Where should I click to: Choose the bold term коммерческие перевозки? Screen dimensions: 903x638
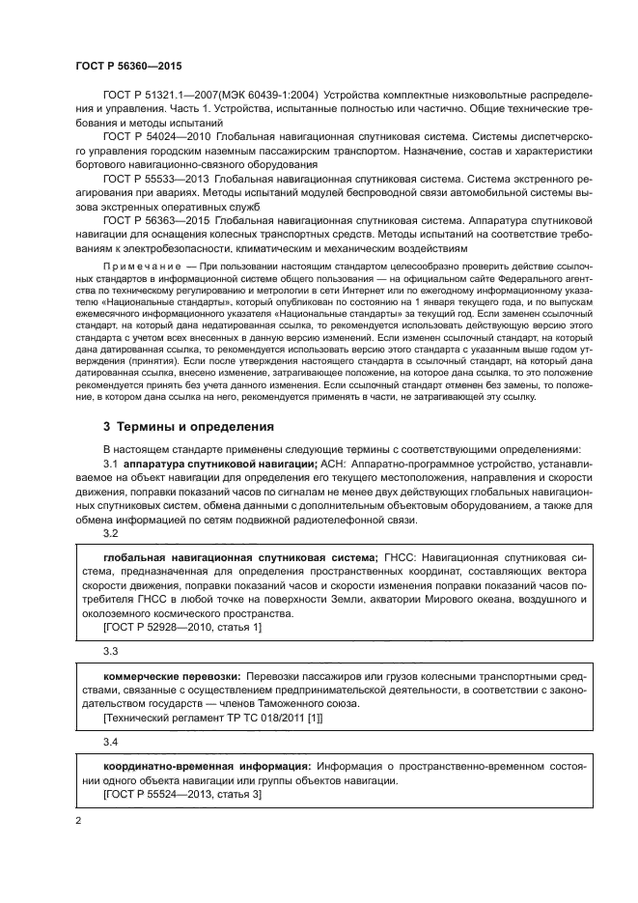tap(171, 677)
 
